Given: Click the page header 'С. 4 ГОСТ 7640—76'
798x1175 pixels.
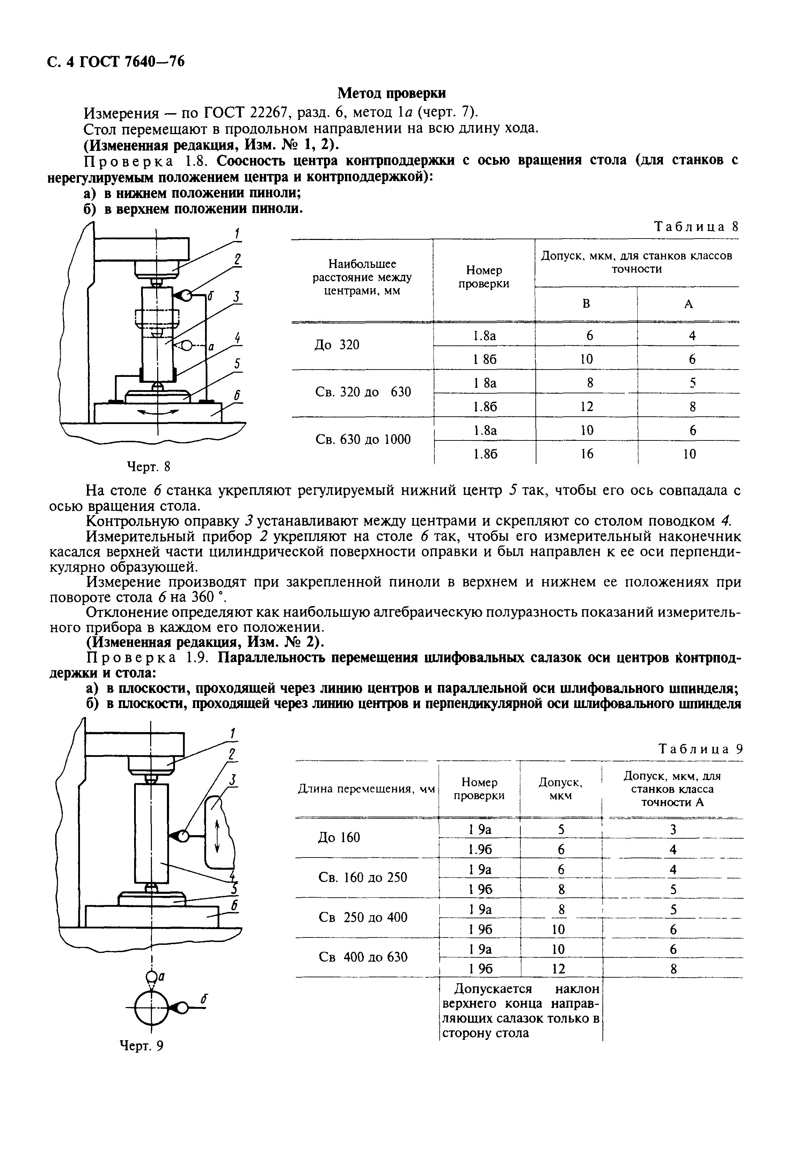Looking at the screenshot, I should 116,62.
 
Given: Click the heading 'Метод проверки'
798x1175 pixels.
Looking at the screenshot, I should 392,93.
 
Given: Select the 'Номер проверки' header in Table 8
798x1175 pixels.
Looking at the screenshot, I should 484,277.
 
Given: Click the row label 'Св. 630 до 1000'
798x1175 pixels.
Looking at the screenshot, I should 363,439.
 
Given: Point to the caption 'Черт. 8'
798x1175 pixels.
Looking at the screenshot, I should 148,466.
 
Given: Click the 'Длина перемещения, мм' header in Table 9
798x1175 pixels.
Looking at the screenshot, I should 366,789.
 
